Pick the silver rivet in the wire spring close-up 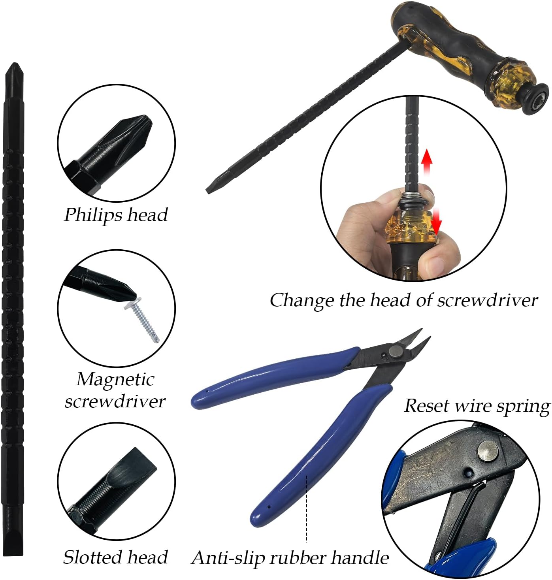(488, 451)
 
